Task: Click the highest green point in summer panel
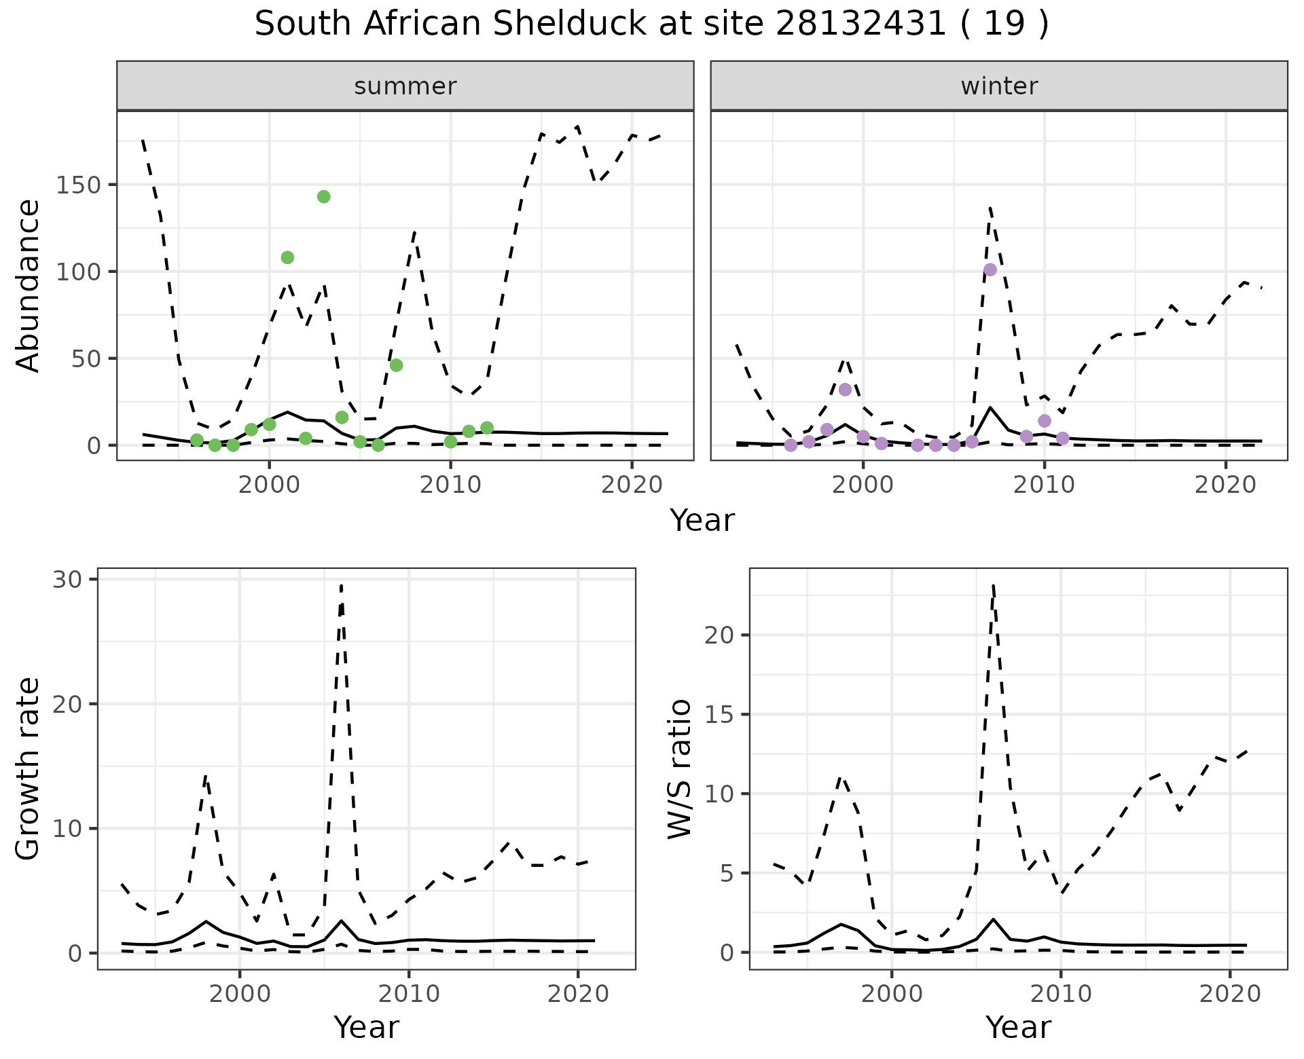click(x=324, y=197)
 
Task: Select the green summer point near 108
click(x=287, y=257)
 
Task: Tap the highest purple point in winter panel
click(x=990, y=270)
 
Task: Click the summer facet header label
click(x=405, y=86)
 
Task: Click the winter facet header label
click(x=999, y=86)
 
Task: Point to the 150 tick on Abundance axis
click(x=78, y=185)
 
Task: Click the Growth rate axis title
click(x=27, y=768)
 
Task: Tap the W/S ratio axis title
click(x=679, y=768)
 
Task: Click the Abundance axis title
click(x=27, y=285)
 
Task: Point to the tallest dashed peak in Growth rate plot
click(x=341, y=585)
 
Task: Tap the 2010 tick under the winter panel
click(x=1045, y=485)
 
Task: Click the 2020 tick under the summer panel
click(x=632, y=485)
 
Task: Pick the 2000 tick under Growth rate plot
click(x=239, y=995)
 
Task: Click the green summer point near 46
click(x=396, y=365)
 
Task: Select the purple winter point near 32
click(x=845, y=390)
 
